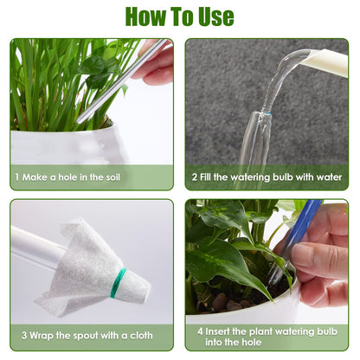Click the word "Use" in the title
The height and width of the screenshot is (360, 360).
[215, 16]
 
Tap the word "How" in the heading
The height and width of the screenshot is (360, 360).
[145, 16]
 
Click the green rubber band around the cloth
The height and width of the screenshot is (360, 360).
[118, 283]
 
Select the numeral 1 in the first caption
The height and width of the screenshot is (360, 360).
[17, 177]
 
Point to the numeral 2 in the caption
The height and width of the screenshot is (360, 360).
[195, 177]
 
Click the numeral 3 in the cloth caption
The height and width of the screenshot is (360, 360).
[24, 335]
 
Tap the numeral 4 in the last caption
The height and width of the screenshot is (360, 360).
[200, 331]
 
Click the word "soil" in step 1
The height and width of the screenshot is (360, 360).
[111, 177]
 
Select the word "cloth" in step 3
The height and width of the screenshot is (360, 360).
[141, 335]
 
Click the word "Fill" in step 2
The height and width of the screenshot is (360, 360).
[205, 177]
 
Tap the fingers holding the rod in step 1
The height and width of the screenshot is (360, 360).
[155, 63]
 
